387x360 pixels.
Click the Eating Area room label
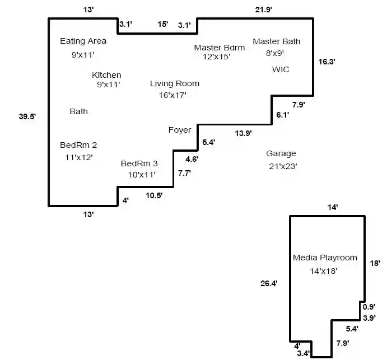83,41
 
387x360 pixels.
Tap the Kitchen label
106,75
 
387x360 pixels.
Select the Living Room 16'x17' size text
172,95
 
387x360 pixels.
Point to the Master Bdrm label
220,48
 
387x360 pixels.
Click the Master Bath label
277,41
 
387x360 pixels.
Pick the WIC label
281,69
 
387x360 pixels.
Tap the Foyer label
180,130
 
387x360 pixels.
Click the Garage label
281,153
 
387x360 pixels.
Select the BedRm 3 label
139,163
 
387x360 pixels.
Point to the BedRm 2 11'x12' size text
79,157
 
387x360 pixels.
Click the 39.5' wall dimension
27,116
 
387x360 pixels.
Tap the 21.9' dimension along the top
264,10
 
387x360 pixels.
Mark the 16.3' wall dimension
327,62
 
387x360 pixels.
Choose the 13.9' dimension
244,133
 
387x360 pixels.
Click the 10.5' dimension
154,195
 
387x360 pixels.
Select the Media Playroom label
325,258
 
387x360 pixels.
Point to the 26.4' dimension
269,283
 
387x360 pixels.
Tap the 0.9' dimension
369,307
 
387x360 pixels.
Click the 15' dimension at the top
162,24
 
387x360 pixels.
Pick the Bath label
79,111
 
